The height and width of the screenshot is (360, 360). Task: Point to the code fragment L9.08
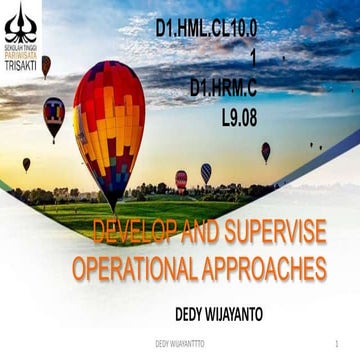point(239,116)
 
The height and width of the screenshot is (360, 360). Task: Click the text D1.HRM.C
point(223,88)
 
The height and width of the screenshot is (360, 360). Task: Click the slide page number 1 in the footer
point(340,343)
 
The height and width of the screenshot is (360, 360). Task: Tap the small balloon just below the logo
point(46,66)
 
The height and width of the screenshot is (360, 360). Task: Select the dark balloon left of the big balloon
point(54,115)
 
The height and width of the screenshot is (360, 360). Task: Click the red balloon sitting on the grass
point(181,179)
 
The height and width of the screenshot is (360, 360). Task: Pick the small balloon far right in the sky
point(266,150)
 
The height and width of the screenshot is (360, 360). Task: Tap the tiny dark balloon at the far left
point(26,163)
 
